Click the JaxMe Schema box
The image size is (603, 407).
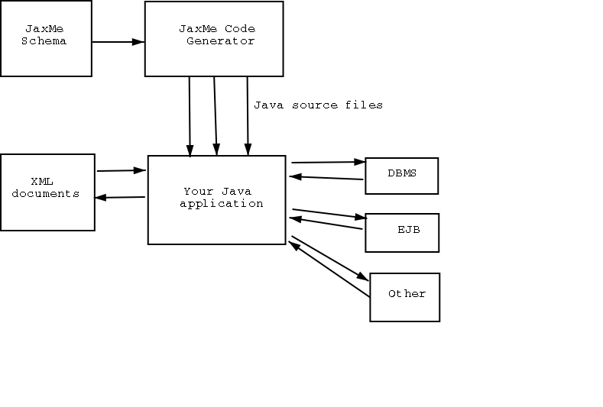click(46, 38)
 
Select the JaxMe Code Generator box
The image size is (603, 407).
click(214, 38)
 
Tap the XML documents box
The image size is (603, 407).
click(47, 192)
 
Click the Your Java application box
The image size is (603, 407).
click(216, 200)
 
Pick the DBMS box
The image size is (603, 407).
click(401, 176)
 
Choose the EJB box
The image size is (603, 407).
click(402, 232)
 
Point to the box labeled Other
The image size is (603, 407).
click(405, 297)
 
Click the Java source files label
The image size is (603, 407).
click(318, 105)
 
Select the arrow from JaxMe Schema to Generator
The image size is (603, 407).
click(118, 41)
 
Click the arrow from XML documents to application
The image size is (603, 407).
click(121, 170)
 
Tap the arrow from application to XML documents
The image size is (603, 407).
click(121, 197)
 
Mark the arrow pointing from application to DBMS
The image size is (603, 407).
click(329, 162)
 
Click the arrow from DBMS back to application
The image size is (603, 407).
click(326, 179)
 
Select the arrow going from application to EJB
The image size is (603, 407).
click(329, 214)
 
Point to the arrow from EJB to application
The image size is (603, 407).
click(326, 224)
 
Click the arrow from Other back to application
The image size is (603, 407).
click(329, 270)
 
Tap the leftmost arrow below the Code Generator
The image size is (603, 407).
click(190, 115)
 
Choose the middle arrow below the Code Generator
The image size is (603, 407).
click(216, 115)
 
